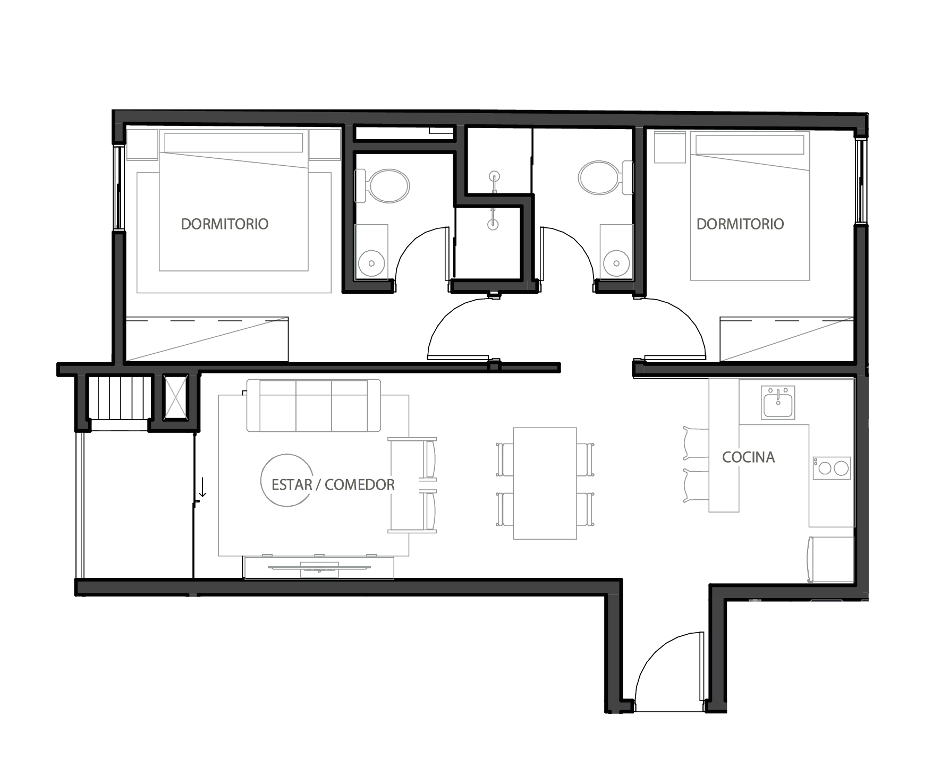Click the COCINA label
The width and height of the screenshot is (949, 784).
[x=748, y=457]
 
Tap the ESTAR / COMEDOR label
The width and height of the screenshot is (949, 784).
[x=333, y=484]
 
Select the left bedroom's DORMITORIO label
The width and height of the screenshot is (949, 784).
[x=225, y=224]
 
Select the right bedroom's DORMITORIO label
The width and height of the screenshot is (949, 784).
[x=740, y=224]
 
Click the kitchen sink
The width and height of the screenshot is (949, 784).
[x=778, y=403]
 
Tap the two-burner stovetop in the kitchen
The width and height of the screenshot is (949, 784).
[x=832, y=468]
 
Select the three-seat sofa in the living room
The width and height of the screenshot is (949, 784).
[x=313, y=405]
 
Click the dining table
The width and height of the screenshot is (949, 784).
[x=545, y=483]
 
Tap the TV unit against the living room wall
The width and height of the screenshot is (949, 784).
[x=319, y=567]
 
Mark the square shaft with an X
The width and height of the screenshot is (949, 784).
[x=175, y=397]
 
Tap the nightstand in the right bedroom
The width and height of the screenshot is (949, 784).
[x=669, y=147]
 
